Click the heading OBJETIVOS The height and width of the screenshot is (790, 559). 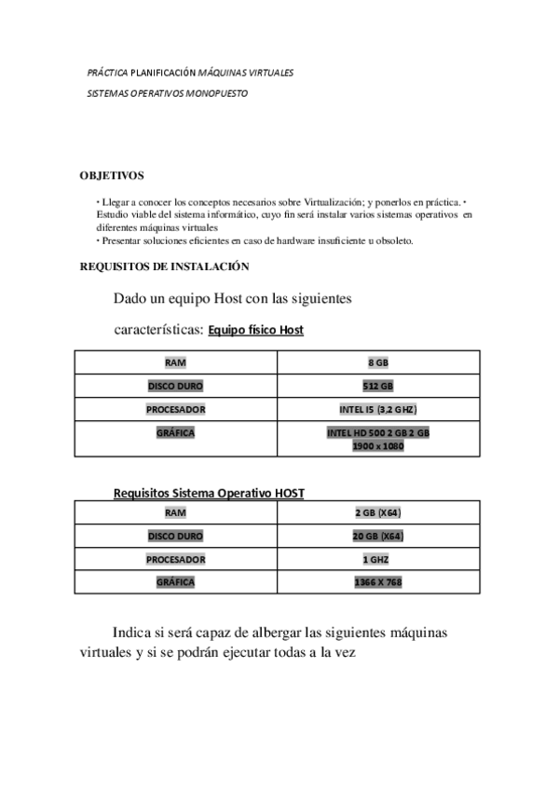click(112, 175)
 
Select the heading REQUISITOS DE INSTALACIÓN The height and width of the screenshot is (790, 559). click(164, 266)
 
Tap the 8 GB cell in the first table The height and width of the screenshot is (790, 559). click(378, 362)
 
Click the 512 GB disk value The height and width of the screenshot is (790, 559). click(378, 386)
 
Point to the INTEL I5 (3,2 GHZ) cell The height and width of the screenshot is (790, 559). click(377, 409)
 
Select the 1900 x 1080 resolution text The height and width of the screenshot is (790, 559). click(378, 446)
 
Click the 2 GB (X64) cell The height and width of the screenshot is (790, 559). click(378, 512)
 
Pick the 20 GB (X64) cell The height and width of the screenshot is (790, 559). click(378, 536)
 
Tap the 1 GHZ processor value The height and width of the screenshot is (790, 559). click(377, 559)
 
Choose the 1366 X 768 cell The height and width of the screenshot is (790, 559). click(378, 582)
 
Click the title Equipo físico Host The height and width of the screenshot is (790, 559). click(256, 330)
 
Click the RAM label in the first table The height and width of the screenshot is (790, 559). click(175, 362)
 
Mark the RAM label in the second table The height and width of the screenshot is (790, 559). click(175, 512)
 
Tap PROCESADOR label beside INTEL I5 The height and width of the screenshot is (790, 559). click(175, 409)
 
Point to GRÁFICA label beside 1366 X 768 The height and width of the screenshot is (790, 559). click(175, 582)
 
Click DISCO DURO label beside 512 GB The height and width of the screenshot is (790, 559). click(175, 386)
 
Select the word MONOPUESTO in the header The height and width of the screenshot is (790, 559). click(217, 94)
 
